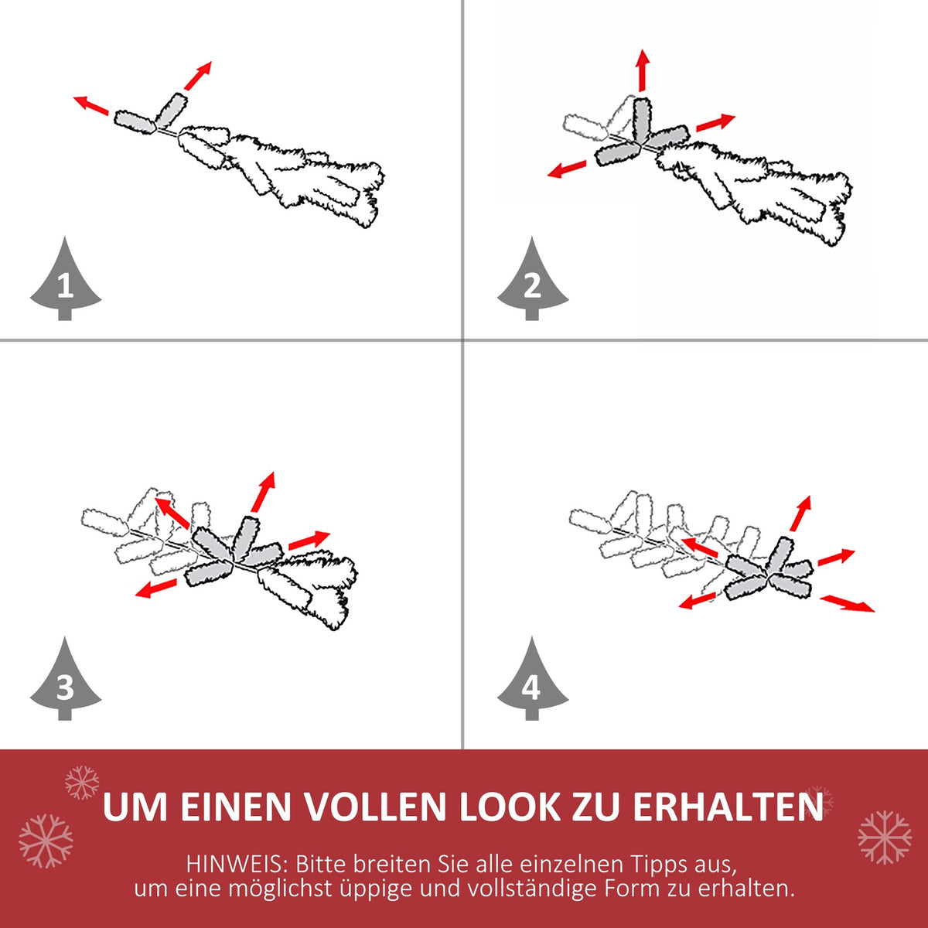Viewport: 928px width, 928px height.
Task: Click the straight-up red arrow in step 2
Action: pos(643,70)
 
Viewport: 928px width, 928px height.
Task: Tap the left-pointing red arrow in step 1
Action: pos(91,105)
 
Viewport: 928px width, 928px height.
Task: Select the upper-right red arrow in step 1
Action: pos(198,76)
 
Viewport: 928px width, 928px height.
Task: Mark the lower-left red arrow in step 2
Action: pos(567,169)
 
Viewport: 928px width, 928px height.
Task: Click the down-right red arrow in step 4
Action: pos(847,603)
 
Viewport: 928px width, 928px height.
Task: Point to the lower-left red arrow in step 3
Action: pos(156,588)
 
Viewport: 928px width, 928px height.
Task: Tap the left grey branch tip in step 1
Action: pos(135,121)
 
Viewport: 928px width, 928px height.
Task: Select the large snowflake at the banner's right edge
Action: pos(885,837)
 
